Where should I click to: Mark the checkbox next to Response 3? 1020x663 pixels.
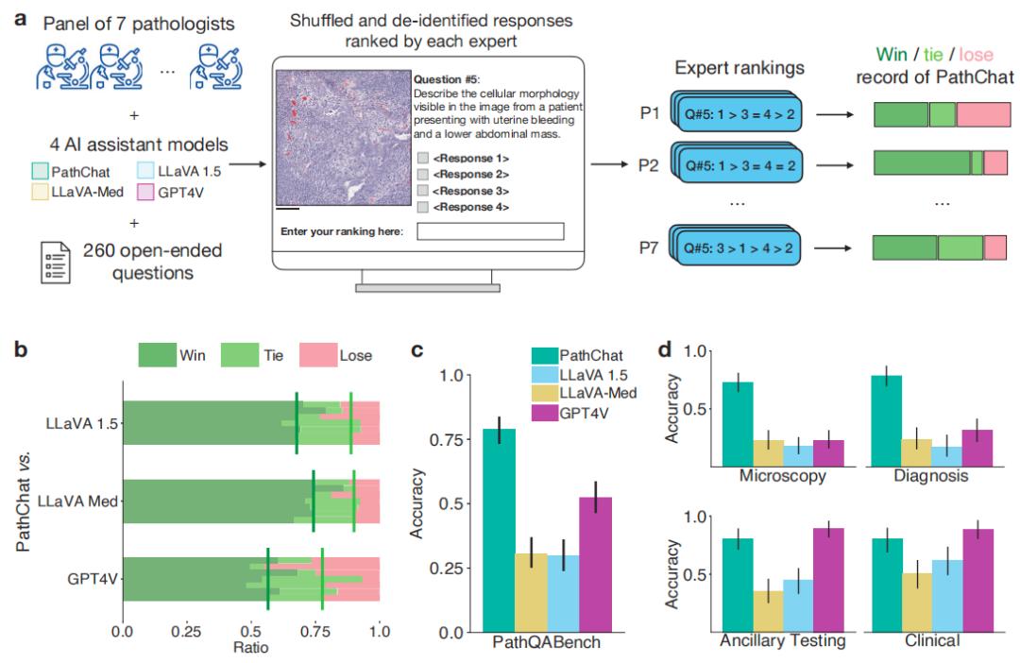coord(421,191)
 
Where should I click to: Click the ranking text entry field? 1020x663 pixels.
coord(490,231)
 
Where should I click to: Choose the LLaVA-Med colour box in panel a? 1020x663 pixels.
coord(42,190)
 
